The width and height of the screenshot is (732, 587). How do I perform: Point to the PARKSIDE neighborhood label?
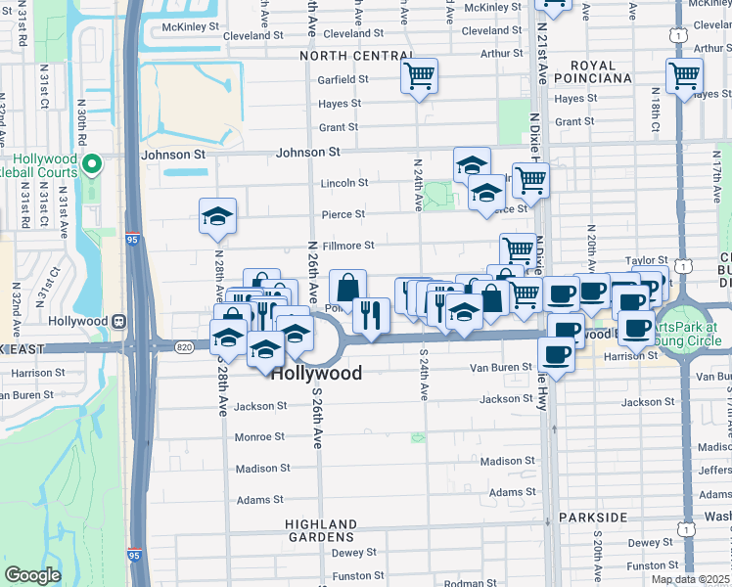[x=593, y=517]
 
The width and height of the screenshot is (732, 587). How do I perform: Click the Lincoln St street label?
[x=343, y=183]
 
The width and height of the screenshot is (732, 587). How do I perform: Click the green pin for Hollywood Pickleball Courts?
[x=92, y=164]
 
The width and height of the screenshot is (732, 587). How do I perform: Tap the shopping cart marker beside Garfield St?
[x=419, y=75]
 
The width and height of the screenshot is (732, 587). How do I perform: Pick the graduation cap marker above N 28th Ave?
[x=218, y=216]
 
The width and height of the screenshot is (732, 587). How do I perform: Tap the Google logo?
[x=32, y=575]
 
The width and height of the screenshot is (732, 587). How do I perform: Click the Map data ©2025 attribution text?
[x=690, y=579]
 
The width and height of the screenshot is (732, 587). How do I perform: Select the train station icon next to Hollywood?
[x=118, y=321]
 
